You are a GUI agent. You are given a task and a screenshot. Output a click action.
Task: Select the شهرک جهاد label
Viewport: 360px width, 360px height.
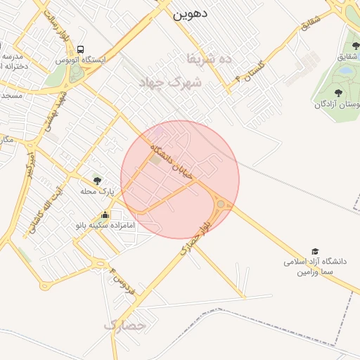click(176, 82)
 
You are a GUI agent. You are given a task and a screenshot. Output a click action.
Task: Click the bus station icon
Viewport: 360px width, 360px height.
click(81, 50)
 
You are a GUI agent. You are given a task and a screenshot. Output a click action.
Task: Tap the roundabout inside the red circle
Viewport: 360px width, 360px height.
click(221, 204)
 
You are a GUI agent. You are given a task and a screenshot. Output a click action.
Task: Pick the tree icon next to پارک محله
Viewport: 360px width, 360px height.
click(96, 181)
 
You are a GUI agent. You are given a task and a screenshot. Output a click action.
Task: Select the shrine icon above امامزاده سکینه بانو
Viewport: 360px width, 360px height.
click(105, 215)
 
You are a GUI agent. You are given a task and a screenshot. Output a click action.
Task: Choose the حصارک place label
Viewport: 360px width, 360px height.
click(124, 326)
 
